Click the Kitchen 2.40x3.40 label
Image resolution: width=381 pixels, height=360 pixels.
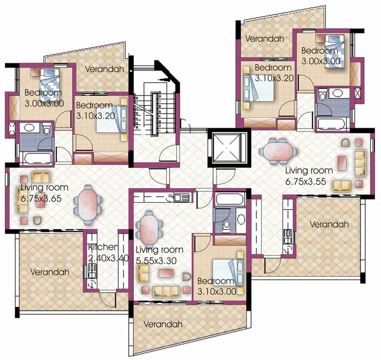coord(108,253)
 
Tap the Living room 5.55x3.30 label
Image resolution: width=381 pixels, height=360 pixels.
coord(160,255)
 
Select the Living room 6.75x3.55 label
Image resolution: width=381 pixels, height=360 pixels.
coord(309,176)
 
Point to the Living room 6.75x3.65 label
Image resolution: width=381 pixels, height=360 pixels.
coord(44,193)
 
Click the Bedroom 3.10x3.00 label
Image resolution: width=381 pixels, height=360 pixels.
coord(217,286)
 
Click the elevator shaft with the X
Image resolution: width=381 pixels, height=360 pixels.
coord(229,148)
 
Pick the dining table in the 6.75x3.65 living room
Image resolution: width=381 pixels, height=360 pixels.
coord(88,205)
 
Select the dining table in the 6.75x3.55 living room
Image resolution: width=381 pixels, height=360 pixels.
coord(279,151)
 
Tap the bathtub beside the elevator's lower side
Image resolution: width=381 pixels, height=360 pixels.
coord(230,199)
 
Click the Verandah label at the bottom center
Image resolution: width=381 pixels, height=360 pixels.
coord(163,324)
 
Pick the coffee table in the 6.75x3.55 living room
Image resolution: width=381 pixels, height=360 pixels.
coord(342,163)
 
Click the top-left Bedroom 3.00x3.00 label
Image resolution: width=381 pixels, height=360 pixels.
coord(44,98)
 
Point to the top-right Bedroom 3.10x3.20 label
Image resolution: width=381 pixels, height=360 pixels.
coord(274,73)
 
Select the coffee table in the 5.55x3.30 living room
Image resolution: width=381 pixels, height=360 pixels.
coord(166,273)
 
